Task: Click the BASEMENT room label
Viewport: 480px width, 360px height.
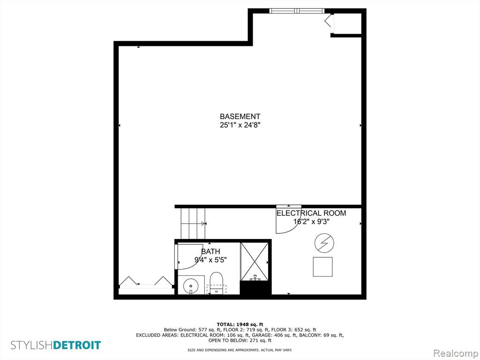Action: pyautogui.click(x=240, y=116)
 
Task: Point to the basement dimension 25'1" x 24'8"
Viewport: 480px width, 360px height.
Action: pyautogui.click(x=240, y=125)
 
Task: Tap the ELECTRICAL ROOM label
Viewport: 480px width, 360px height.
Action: pyautogui.click(x=311, y=213)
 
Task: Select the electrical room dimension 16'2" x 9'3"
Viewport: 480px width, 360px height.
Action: pyautogui.click(x=311, y=222)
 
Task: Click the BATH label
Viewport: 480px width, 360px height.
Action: pyautogui.click(x=210, y=252)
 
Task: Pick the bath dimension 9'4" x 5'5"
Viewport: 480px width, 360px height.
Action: pyautogui.click(x=210, y=260)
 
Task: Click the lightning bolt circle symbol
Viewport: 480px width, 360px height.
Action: pyautogui.click(x=324, y=243)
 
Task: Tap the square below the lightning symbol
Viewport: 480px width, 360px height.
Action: pyautogui.click(x=322, y=267)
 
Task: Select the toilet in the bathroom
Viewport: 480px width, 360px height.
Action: pyautogui.click(x=217, y=283)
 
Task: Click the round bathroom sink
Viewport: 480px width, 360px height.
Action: pyautogui.click(x=191, y=286)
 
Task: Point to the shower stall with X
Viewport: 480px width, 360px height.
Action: pyautogui.click(x=255, y=262)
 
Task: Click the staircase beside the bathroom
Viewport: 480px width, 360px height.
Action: pyautogui.click(x=193, y=224)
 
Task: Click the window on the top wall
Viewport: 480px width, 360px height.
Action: pyautogui.click(x=297, y=11)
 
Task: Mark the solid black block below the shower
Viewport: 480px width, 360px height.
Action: pyautogui.click(x=255, y=288)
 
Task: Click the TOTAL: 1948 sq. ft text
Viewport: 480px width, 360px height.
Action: pyautogui.click(x=240, y=324)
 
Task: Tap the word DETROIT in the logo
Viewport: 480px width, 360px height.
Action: pyautogui.click(x=77, y=345)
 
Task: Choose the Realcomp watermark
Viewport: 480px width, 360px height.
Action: pyautogui.click(x=455, y=353)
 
